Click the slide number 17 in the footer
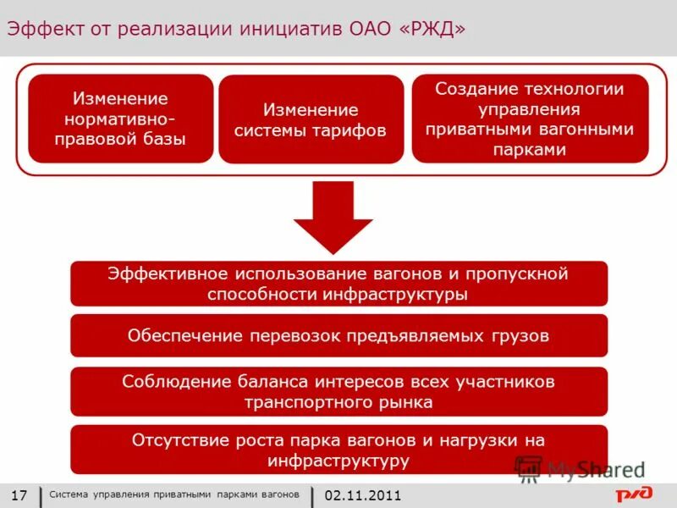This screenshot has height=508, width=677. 19,495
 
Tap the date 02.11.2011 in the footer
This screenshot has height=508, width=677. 362,495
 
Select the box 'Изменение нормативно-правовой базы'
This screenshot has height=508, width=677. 120,119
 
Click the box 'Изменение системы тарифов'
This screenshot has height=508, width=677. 311,120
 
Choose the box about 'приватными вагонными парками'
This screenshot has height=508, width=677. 530,119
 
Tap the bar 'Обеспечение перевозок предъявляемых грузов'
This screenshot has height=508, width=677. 338,336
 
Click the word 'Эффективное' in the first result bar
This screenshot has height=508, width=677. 168,274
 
